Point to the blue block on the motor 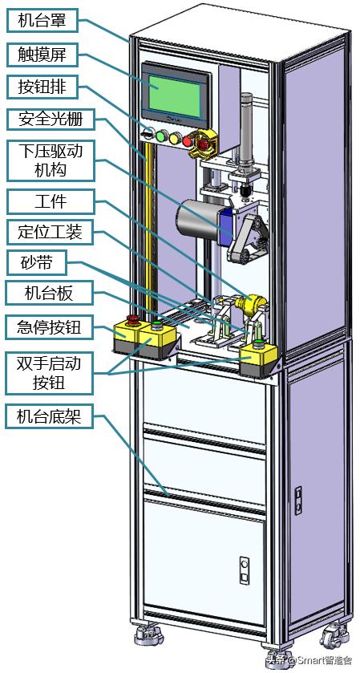click(227, 223)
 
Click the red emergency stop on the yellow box click(131, 321)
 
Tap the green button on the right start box click(258, 344)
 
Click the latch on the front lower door click(245, 571)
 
